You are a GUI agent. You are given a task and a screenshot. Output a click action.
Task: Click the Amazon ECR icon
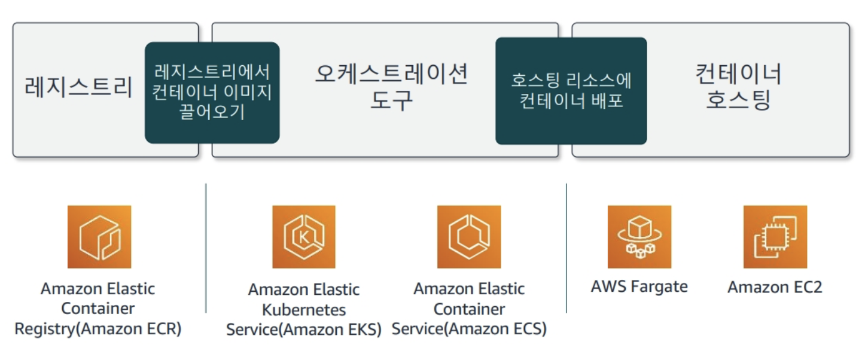[99, 237]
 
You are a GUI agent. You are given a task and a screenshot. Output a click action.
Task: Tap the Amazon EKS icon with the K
[304, 237]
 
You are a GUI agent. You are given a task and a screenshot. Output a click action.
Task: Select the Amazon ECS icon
[469, 237]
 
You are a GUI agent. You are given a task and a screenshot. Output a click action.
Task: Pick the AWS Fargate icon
[639, 237]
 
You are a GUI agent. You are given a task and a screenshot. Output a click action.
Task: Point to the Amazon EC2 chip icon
[775, 237]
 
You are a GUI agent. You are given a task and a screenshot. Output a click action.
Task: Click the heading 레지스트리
[78, 87]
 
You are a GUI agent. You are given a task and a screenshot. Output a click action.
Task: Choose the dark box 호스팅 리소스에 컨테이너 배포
[571, 91]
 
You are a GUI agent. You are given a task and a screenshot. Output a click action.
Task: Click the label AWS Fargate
[639, 286]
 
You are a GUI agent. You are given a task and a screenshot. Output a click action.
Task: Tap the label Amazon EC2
[775, 287]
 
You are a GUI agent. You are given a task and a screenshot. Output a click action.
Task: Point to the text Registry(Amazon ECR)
[98, 328]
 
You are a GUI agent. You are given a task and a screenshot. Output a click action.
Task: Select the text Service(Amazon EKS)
[304, 330]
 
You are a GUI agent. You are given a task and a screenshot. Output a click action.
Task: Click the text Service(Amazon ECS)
[469, 329]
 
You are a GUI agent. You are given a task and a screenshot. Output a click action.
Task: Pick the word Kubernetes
[304, 310]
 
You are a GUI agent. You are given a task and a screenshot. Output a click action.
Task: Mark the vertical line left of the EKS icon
[206, 248]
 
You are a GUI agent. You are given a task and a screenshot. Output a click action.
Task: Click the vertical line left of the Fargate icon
[566, 248]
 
